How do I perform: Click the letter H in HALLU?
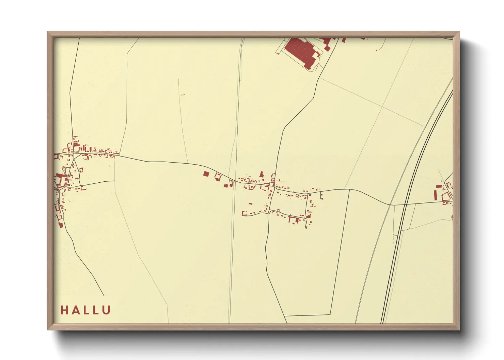(x=64, y=310)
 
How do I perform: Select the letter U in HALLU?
(x=106, y=310)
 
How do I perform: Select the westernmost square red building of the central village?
(x=206, y=174)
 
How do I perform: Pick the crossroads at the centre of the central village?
(x=273, y=186)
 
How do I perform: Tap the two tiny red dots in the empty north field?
(x=183, y=95)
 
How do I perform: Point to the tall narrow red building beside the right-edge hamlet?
(x=435, y=195)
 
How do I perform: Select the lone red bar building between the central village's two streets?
(x=251, y=203)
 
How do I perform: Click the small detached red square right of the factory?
(x=327, y=49)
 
